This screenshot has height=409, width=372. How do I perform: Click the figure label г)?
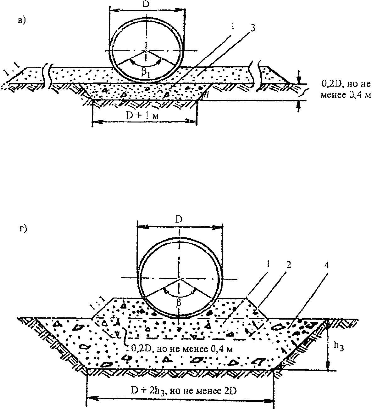coord(23,229)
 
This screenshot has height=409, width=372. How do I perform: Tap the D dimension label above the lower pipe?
coord(179,219)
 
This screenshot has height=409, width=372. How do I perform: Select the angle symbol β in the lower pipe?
coord(179,303)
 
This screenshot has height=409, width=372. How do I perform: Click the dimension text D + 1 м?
coord(142,116)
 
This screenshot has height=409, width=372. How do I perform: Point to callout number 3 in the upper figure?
coord(253,28)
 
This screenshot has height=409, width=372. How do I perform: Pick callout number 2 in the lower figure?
coord(289,265)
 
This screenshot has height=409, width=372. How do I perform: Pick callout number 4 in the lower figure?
coord(326,266)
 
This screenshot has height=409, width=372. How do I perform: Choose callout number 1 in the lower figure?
coord(268,265)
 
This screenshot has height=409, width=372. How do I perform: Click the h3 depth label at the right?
coord(339,346)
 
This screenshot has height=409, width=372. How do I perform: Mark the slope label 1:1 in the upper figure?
coord(12,70)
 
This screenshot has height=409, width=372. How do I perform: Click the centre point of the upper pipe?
coord(146,51)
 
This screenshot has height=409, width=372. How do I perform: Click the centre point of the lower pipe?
coord(179,278)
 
